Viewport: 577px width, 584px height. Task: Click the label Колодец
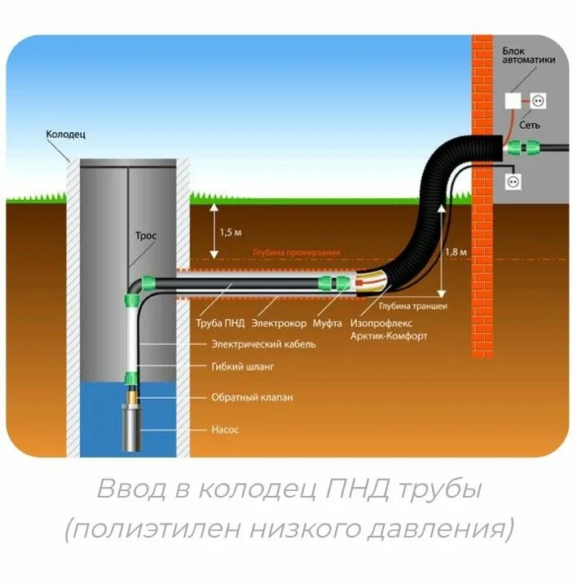point(65,133)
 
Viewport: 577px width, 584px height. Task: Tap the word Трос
point(146,236)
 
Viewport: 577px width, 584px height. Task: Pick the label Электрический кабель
point(263,345)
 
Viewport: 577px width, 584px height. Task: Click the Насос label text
point(225,427)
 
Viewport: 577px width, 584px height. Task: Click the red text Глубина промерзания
point(297,253)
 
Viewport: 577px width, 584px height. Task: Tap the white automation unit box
point(513,100)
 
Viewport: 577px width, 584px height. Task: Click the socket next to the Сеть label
point(538,100)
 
